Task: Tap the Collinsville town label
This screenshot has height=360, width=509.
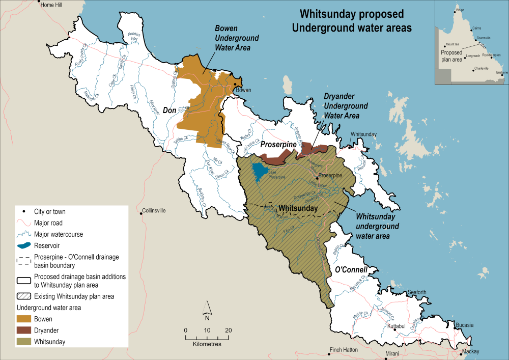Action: tap(156, 211)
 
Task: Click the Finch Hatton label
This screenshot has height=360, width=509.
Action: tap(344, 350)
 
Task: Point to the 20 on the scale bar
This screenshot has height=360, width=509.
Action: tap(228, 330)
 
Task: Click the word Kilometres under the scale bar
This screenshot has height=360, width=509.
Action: tap(207, 344)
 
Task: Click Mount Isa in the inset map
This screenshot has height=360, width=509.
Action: tap(453, 44)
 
